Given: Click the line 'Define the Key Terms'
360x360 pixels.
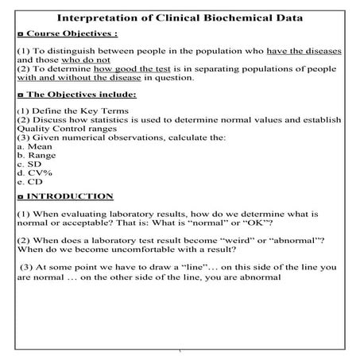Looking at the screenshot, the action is pyautogui.click(x=75, y=112).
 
